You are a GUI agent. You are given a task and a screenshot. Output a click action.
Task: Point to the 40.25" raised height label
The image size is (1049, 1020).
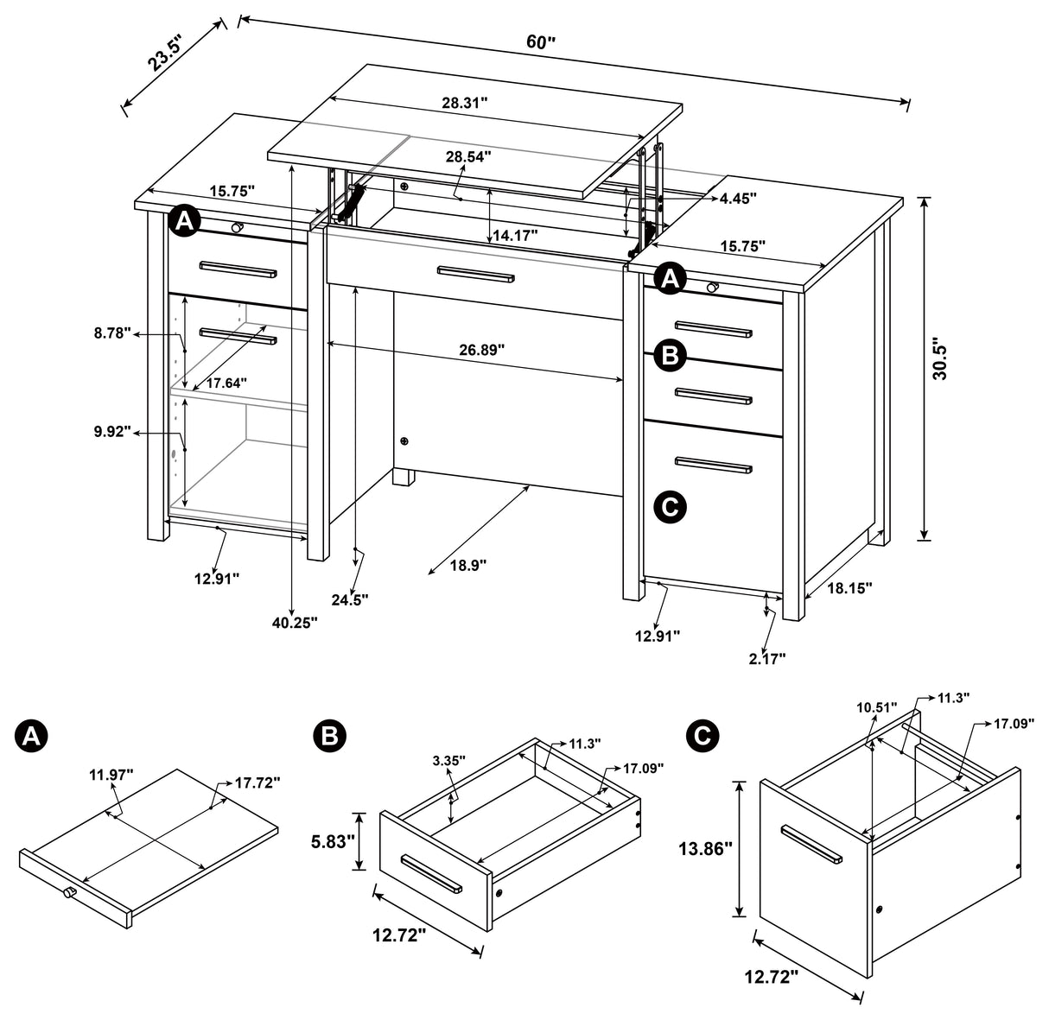click(x=296, y=622)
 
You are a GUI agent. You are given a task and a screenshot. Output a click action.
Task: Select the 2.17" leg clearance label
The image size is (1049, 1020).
click(x=766, y=659)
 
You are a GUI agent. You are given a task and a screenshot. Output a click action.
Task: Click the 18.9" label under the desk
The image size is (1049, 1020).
click(x=468, y=565)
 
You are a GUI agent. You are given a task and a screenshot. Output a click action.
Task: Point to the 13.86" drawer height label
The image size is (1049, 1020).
click(x=705, y=849)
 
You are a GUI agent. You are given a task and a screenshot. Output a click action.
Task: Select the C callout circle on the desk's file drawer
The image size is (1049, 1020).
click(x=670, y=507)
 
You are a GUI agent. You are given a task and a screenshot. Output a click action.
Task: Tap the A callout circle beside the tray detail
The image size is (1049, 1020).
click(x=32, y=735)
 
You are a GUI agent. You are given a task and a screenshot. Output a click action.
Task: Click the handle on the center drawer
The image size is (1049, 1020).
click(x=475, y=274)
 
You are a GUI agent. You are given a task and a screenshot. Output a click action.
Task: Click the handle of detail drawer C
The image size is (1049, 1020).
click(x=811, y=845)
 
